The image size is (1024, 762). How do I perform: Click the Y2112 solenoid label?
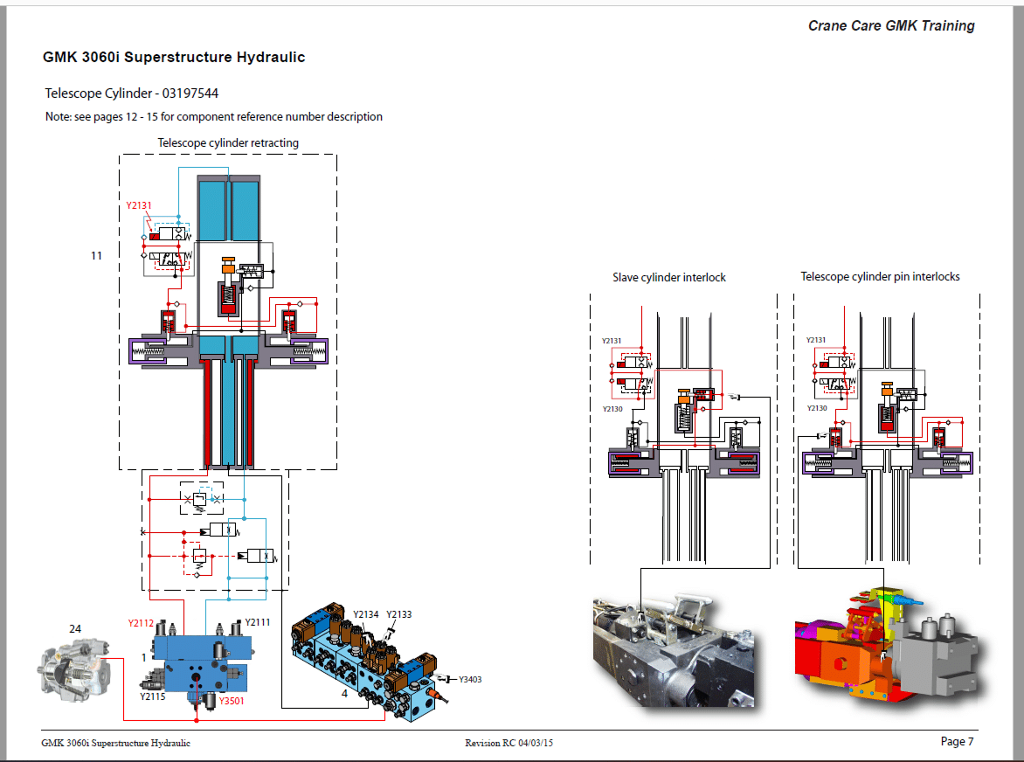[141, 623]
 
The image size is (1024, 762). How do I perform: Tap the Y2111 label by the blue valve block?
[258, 622]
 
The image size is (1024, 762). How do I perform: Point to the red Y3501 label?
[232, 701]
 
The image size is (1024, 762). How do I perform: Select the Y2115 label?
[153, 696]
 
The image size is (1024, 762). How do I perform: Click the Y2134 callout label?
[365, 614]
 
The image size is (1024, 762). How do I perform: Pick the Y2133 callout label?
[398, 614]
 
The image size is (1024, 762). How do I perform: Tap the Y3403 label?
[469, 679]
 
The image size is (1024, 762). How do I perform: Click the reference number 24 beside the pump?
[75, 628]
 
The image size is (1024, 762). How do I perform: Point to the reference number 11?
[96, 255]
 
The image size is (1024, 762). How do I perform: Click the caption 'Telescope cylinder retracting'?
[228, 142]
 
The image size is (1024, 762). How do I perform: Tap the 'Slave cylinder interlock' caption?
[669, 277]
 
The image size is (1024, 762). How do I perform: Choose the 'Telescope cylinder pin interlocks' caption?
[880, 276]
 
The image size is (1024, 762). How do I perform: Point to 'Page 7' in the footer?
[957, 742]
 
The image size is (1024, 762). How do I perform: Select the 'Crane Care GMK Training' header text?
[891, 25]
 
